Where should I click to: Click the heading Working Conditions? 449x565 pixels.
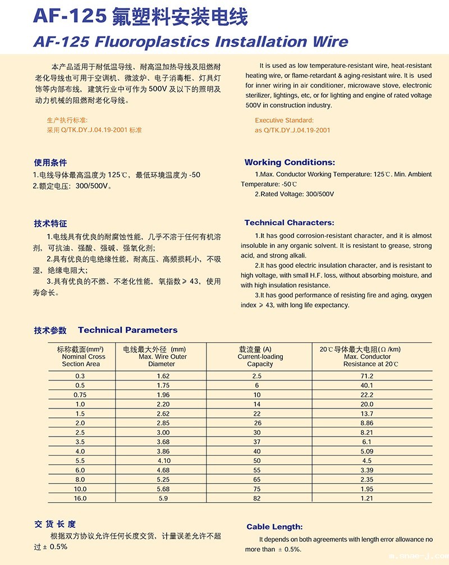pyautogui.click(x=290, y=162)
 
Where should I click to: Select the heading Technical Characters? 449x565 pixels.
pyautogui.click(x=289, y=223)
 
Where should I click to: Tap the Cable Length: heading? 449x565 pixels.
pyautogui.click(x=274, y=526)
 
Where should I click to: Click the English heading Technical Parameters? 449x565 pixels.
pyautogui.click(x=127, y=330)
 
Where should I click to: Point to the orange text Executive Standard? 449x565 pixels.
pyautogui.click(x=284, y=120)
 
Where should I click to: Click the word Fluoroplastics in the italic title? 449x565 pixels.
pyautogui.click(x=154, y=42)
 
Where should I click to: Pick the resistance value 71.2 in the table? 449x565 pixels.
pyautogui.click(x=367, y=375)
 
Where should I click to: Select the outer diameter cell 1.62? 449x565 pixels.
pyautogui.click(x=163, y=375)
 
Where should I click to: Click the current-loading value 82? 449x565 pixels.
pyautogui.click(x=257, y=498)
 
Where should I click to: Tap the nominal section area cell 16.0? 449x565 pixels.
pyautogui.click(x=80, y=498)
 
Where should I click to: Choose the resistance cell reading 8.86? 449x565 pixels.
pyautogui.click(x=367, y=422)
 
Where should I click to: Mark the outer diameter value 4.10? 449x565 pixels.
pyautogui.click(x=163, y=460)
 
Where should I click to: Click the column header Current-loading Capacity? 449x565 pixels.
pyautogui.click(x=260, y=356)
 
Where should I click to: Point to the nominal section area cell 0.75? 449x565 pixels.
pyautogui.click(x=80, y=394)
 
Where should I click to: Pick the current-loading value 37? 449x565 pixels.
pyautogui.click(x=257, y=442)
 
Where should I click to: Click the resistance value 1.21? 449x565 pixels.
pyautogui.click(x=367, y=498)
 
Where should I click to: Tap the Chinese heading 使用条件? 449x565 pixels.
pyautogui.click(x=51, y=163)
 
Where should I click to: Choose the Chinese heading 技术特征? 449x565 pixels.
pyautogui.click(x=51, y=223)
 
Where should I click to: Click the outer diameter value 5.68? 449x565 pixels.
pyautogui.click(x=163, y=488)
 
